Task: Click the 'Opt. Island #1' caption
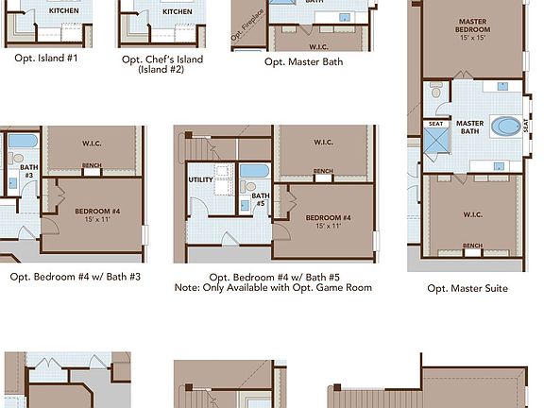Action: coord(44,59)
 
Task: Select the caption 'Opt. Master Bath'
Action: coord(303,62)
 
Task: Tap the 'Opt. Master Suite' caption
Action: coord(467,288)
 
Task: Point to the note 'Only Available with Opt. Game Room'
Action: coord(273,287)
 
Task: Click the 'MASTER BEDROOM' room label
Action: coord(471,27)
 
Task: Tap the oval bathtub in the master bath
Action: coord(507,126)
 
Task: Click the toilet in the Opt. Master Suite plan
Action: coord(436,92)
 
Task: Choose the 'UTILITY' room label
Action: coord(200,178)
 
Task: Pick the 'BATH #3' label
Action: coord(28,171)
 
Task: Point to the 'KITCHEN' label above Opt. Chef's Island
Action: coord(177,11)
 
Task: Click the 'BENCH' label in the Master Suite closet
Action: coord(472,246)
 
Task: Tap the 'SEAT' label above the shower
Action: coord(436,124)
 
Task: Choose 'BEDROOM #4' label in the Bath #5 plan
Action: coord(328,221)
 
